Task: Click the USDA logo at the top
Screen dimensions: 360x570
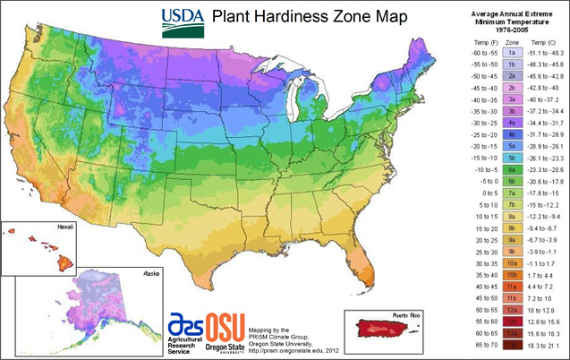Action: click(x=181, y=17)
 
